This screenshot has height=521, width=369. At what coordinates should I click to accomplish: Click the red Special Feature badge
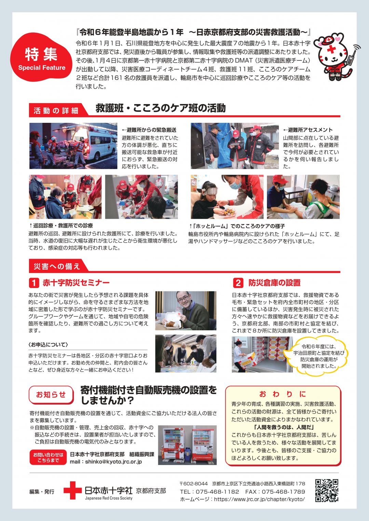[41, 58]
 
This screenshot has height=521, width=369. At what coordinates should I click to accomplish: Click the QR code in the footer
[326, 490]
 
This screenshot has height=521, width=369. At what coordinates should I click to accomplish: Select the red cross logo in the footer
[72, 491]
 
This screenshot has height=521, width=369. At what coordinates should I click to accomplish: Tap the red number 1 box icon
[34, 283]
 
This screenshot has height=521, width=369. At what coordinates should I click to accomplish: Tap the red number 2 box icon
[238, 283]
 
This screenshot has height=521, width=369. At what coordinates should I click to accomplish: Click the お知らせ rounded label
[51, 395]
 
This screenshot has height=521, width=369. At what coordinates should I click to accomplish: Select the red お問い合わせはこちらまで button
[48, 458]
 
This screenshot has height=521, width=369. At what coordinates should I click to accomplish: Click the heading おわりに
[283, 394]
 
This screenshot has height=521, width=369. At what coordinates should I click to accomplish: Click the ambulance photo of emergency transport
[73, 146]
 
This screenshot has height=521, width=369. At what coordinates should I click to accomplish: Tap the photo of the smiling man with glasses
[186, 311]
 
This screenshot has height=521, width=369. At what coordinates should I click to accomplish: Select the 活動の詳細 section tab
[56, 111]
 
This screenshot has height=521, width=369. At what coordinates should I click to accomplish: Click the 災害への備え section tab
[57, 266]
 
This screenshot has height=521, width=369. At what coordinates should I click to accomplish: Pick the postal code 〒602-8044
[194, 483]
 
